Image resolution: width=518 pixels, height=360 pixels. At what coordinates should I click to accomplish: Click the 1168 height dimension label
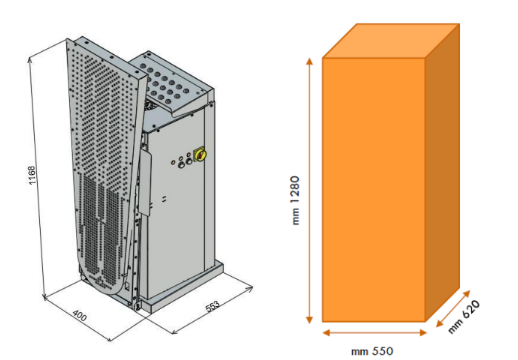click(x=32, y=176)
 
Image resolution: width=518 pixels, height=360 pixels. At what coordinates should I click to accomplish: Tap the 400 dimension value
click(x=80, y=315)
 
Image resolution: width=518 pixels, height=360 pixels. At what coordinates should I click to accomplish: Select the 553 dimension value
click(x=213, y=306)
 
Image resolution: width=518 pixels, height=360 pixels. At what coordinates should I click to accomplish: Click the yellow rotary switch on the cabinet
click(x=200, y=154)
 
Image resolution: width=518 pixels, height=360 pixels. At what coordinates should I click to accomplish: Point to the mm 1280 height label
click(x=295, y=200)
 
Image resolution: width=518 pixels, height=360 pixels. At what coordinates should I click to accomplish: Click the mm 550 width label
click(x=372, y=351)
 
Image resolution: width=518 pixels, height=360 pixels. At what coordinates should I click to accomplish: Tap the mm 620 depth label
click(x=464, y=316)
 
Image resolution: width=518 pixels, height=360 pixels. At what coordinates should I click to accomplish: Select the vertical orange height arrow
click(x=310, y=191)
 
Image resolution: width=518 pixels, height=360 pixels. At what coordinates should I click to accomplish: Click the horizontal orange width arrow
click(x=375, y=332)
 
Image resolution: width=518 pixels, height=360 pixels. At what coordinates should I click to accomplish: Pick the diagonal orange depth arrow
click(x=453, y=308)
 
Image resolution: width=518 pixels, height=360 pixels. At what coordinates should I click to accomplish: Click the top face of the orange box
click(x=391, y=41)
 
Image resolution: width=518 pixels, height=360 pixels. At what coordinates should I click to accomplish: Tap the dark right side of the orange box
click(x=443, y=172)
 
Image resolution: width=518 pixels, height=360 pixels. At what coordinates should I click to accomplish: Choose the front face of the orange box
click(x=374, y=190)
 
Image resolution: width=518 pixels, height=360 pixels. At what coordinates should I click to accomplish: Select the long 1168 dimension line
click(x=36, y=178)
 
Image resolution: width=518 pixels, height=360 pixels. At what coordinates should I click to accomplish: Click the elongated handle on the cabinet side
click(x=146, y=182)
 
